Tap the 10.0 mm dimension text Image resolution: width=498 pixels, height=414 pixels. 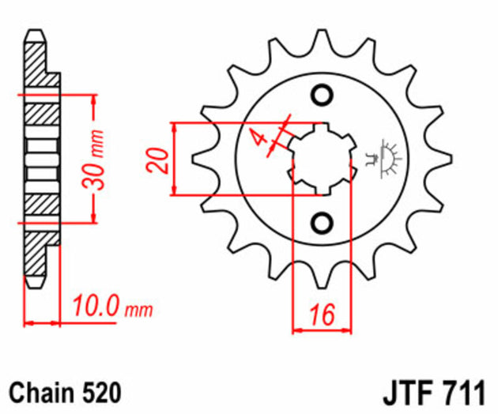(x=111, y=306)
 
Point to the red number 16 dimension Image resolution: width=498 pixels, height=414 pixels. (x=321, y=314)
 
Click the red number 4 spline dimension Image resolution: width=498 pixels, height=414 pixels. (x=258, y=137)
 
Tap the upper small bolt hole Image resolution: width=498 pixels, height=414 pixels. (x=322, y=96)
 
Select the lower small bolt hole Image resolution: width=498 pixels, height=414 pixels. (x=322, y=222)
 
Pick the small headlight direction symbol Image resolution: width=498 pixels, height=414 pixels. (x=386, y=156)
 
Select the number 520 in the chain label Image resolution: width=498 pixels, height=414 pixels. (x=102, y=392)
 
